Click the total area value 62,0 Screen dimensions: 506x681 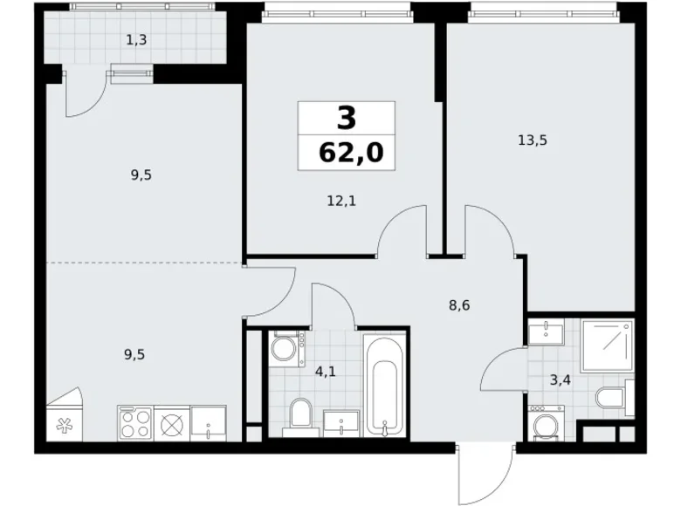[347, 154]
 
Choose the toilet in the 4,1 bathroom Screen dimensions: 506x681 [299, 414]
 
